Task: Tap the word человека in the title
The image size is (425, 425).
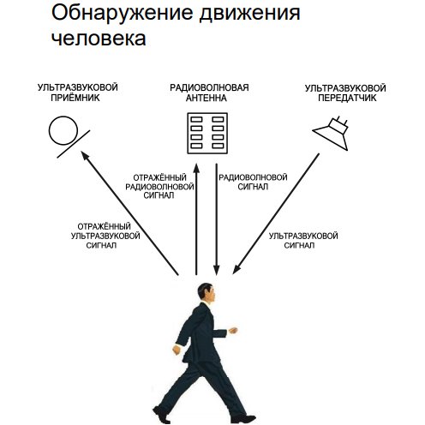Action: (99, 39)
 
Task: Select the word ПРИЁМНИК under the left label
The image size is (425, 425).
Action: (75, 98)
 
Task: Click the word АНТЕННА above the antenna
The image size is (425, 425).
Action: (207, 98)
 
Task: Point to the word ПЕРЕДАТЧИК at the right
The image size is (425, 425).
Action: (347, 98)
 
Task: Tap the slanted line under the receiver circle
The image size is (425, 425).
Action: (74, 144)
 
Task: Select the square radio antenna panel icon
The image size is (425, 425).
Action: (207, 134)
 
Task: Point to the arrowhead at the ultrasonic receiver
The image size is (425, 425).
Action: (85, 156)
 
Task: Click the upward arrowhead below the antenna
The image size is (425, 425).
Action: (196, 168)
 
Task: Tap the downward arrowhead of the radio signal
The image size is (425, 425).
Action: (217, 270)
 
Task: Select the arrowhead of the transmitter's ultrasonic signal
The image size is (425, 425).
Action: (236, 269)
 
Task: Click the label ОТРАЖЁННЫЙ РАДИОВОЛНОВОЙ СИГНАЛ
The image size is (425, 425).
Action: (159, 187)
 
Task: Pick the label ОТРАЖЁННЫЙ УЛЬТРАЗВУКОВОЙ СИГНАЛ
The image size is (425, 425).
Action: (105, 236)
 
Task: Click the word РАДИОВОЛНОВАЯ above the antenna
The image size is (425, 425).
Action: (209, 87)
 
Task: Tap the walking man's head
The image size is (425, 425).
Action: (206, 292)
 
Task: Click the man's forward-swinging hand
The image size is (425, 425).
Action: (233, 331)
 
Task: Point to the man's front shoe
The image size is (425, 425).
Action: (243, 419)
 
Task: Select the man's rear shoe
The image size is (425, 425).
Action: (161, 415)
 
